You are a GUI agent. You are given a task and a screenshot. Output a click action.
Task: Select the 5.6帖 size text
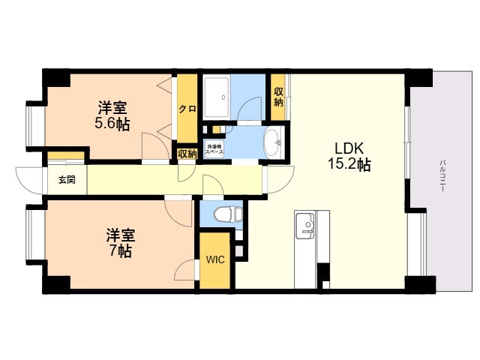(x=112, y=124)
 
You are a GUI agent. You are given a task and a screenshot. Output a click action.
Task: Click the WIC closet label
(x=215, y=260)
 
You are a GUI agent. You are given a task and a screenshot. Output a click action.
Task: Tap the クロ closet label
(x=187, y=109)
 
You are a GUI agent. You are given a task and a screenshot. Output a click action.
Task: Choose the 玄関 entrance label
(x=66, y=181)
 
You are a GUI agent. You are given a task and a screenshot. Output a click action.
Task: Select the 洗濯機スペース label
(x=214, y=148)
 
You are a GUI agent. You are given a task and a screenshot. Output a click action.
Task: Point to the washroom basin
(x=273, y=139)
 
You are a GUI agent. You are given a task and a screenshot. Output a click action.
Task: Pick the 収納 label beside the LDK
(x=278, y=97)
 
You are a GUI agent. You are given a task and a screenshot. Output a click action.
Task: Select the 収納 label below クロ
(x=187, y=154)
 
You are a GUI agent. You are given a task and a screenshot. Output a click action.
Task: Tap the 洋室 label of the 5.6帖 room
(x=112, y=106)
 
